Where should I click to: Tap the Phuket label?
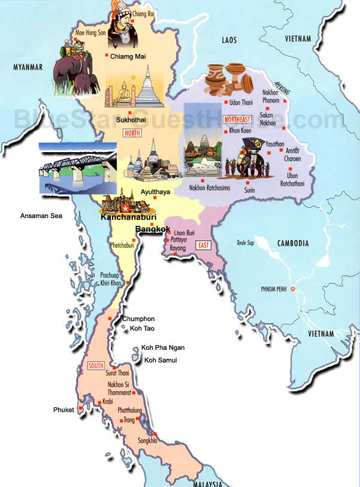(x=63, y=410)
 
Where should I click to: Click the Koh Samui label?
(x=161, y=359)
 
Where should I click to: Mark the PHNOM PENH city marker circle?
(x=293, y=290)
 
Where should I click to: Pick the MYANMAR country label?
(x=28, y=67)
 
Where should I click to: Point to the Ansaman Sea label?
(x=41, y=216)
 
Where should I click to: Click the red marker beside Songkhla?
(x=155, y=434)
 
